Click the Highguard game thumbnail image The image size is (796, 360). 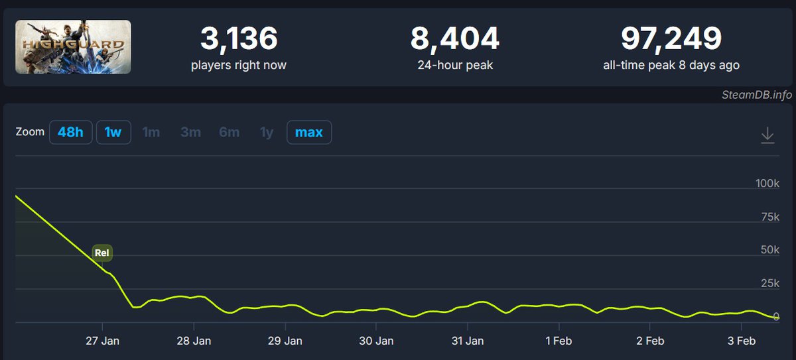[x=73, y=47]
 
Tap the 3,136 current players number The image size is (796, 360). [x=238, y=40]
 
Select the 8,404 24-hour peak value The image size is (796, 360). [x=454, y=40]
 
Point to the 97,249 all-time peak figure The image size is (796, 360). [x=671, y=40]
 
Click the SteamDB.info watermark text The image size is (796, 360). [x=756, y=94]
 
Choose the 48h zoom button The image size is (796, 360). [x=70, y=132]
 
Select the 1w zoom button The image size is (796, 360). [x=113, y=132]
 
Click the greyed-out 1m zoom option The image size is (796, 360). [x=151, y=133]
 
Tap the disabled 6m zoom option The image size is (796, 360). [x=229, y=133]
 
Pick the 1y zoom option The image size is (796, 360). [x=267, y=133]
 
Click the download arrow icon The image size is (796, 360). [x=767, y=135]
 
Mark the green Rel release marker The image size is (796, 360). [x=102, y=253]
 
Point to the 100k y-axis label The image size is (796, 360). [x=767, y=183]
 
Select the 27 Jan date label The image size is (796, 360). [x=103, y=341]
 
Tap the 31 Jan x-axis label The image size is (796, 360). [x=468, y=341]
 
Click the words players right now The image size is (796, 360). [x=238, y=65]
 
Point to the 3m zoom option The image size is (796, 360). [x=190, y=133]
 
